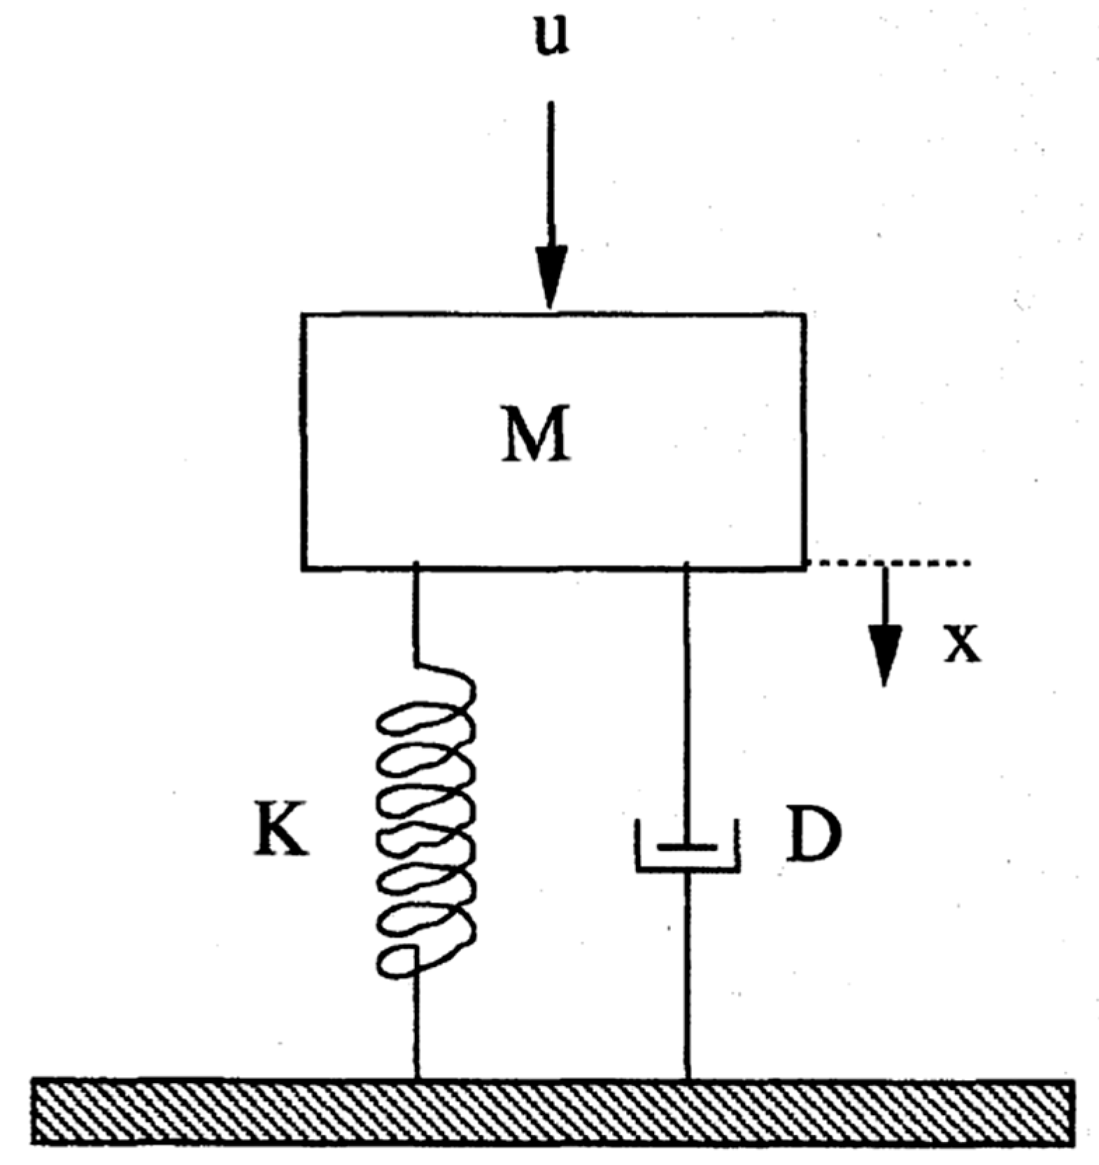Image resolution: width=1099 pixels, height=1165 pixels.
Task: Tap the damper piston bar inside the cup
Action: tap(688, 847)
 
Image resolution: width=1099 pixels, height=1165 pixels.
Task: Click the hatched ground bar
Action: tap(553, 1112)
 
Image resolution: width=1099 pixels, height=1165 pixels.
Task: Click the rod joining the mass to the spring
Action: tap(417, 615)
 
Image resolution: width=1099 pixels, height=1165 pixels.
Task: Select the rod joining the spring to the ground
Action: tap(417, 1028)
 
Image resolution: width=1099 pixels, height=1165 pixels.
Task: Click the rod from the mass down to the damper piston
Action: tap(687, 699)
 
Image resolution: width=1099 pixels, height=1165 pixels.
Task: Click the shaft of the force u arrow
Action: tap(551, 175)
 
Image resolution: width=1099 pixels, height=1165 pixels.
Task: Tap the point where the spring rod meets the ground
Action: tap(417, 1080)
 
